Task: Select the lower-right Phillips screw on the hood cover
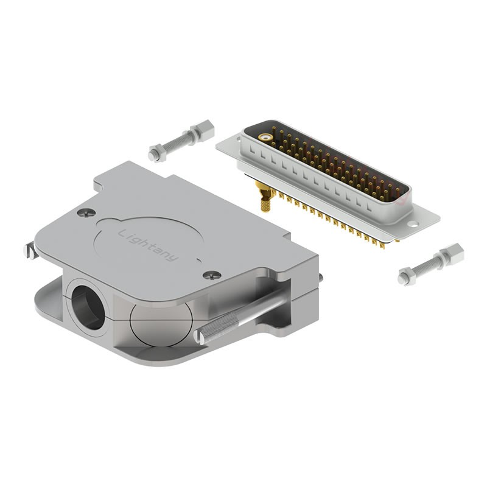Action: coord(212,275)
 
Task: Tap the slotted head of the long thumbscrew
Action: coord(199,337)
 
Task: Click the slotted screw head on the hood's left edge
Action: coord(29,250)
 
